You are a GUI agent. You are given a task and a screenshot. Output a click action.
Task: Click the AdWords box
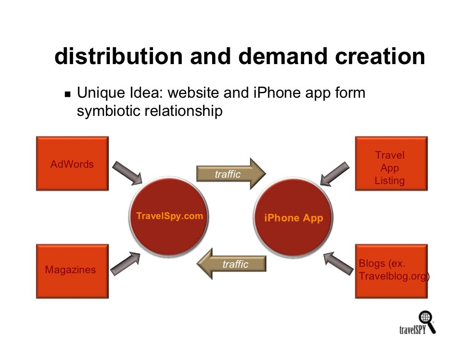click(x=72, y=164)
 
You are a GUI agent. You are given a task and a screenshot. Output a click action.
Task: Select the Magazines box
click(x=72, y=271)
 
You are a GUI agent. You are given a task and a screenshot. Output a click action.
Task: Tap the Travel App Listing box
click(x=391, y=164)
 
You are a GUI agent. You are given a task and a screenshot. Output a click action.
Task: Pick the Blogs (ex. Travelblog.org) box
click(x=391, y=271)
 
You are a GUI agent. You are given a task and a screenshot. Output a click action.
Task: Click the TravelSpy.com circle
click(x=169, y=216)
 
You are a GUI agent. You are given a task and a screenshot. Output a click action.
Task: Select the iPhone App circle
click(x=293, y=217)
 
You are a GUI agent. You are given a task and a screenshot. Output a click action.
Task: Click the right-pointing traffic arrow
click(x=231, y=174)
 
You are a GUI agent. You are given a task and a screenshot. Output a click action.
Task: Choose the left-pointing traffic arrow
click(x=232, y=264)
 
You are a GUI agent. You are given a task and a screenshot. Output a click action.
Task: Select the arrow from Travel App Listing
click(x=335, y=174)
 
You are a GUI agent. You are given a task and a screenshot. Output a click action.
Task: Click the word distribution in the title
click(x=119, y=57)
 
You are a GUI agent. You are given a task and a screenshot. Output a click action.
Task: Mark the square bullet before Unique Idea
click(x=68, y=95)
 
